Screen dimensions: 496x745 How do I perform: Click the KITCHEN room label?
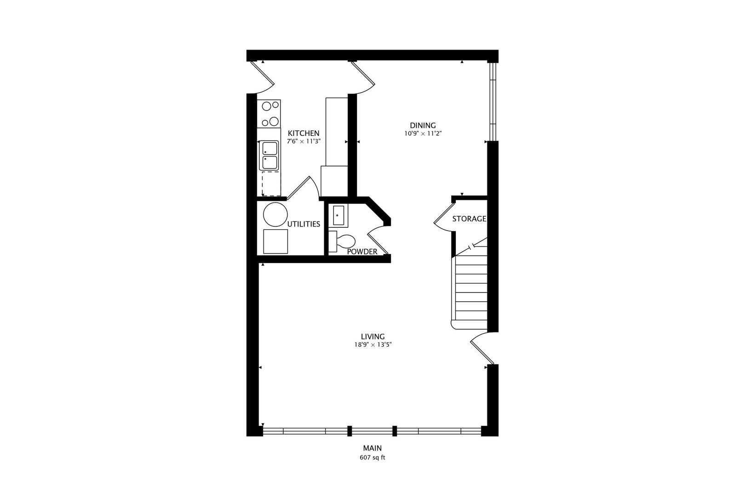304,134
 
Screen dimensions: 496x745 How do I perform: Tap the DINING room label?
423,125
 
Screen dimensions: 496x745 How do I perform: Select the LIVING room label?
372,337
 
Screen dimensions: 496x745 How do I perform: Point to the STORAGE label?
469,219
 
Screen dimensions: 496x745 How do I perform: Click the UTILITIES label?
304,224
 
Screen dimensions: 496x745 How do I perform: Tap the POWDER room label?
362,252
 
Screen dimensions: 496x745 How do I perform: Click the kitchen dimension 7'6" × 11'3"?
304,142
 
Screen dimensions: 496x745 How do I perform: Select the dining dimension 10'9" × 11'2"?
423,134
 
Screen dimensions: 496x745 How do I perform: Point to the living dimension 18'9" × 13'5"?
372,344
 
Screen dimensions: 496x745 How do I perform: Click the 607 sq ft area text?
372,457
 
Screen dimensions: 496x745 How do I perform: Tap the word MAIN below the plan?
372,448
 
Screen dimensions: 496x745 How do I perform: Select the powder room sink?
338,215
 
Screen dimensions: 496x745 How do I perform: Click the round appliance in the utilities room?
275,214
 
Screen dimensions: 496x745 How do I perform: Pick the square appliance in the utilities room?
275,242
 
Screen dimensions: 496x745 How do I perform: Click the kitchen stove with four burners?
270,113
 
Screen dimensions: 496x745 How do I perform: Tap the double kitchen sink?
270,156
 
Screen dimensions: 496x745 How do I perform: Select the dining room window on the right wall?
493,101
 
